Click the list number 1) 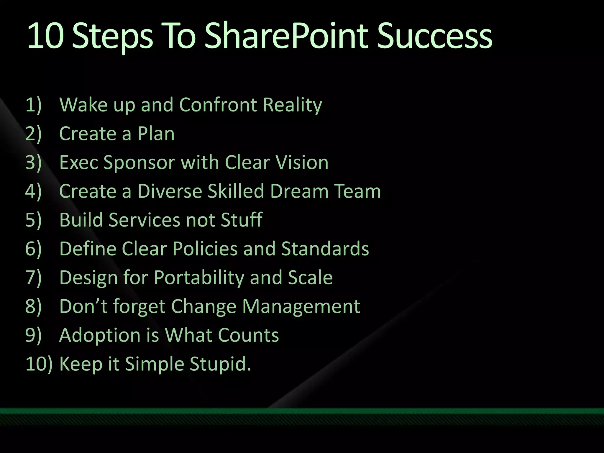tap(33, 105)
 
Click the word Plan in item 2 tap(156, 134)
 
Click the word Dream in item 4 tap(299, 191)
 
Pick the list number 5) tap(33, 220)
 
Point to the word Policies tap(205, 249)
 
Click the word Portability tap(199, 278)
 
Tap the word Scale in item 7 tap(310, 278)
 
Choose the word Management tap(301, 306)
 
